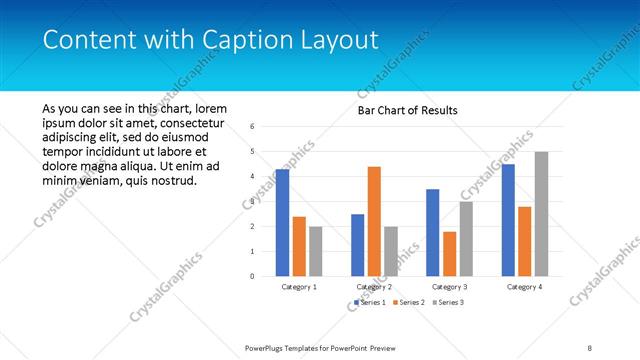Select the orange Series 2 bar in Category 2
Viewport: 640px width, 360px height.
[374, 221]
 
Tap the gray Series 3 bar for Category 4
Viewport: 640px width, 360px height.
[541, 214]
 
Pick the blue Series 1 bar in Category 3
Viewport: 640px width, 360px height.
[433, 232]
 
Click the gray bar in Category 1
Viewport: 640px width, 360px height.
[315, 251]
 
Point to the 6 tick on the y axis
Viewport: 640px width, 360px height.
[252, 127]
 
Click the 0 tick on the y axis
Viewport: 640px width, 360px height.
[252, 276]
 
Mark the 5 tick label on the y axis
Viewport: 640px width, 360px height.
[252, 152]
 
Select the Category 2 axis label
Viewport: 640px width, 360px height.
[374, 287]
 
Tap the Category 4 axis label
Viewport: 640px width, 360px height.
[524, 287]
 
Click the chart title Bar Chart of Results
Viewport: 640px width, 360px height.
[408, 110]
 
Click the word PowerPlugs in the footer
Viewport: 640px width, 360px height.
[267, 347]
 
